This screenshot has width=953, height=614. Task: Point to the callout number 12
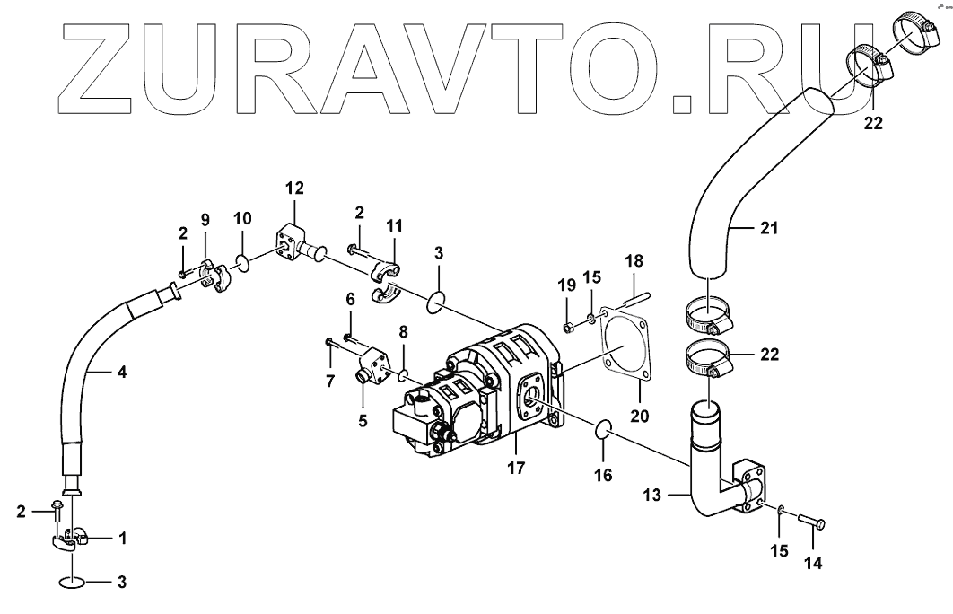pyautogui.click(x=294, y=188)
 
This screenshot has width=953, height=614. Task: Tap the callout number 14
pyautogui.click(x=813, y=564)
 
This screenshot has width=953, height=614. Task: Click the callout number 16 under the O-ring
pyautogui.click(x=603, y=475)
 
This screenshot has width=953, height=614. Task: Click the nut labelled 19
pyautogui.click(x=568, y=325)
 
